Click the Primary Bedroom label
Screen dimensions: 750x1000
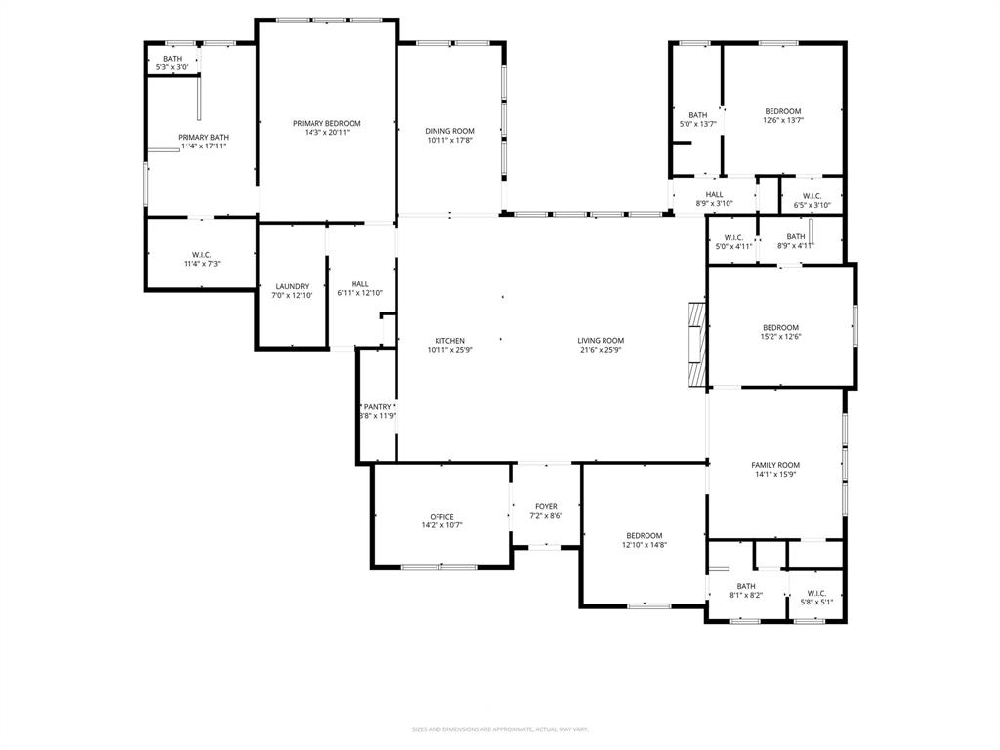[327, 123]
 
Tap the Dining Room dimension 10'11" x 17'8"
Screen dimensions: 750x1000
[449, 141]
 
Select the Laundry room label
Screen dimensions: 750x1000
[292, 286]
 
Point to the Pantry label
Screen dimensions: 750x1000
[377, 406]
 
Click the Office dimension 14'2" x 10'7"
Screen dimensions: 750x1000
[441, 525]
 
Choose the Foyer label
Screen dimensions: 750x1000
[546, 506]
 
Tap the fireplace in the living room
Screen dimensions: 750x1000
[695, 344]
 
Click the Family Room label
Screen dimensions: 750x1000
[775, 465]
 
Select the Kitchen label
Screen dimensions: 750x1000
[449, 341]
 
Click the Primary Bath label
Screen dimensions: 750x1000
[203, 137]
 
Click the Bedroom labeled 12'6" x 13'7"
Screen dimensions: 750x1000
[782, 111]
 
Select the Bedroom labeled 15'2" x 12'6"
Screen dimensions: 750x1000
[780, 328]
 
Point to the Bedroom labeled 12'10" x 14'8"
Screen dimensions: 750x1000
[645, 535]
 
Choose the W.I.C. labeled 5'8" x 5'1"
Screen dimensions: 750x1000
[816, 593]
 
